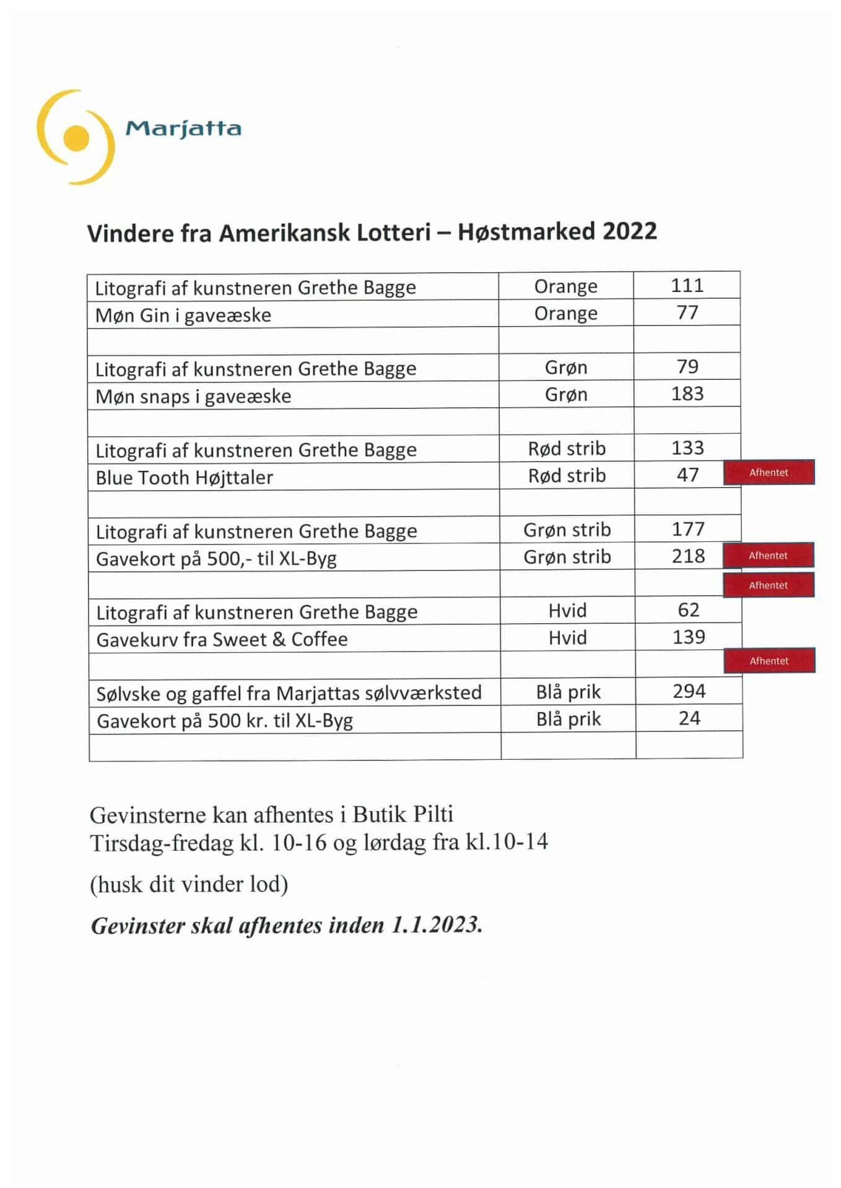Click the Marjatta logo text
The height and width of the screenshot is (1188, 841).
[183, 129]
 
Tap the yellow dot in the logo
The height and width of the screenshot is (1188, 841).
[76, 137]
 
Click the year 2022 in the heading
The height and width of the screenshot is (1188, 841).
[629, 231]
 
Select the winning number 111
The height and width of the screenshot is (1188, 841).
[687, 286]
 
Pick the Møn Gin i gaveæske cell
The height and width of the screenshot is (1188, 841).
[183, 315]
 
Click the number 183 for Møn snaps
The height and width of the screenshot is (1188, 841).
[687, 394]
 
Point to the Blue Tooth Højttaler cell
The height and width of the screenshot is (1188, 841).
[184, 478]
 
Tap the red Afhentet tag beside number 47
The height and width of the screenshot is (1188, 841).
[769, 473]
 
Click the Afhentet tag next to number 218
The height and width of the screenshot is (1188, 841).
[768, 556]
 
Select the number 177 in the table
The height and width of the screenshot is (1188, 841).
[688, 530]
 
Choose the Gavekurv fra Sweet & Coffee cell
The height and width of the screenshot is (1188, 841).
[222, 639]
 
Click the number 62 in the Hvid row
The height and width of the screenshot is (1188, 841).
[688, 611]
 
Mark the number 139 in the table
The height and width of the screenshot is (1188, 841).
[689, 637]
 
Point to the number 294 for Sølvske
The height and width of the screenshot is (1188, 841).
[689, 691]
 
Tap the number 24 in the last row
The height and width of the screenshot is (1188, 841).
[689, 718]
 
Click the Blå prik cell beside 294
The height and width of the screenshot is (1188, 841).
[568, 692]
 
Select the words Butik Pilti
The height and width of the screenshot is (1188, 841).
[403, 814]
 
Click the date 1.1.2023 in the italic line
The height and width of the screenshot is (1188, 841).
[436, 926]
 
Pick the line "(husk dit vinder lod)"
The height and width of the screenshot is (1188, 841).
[189, 884]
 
